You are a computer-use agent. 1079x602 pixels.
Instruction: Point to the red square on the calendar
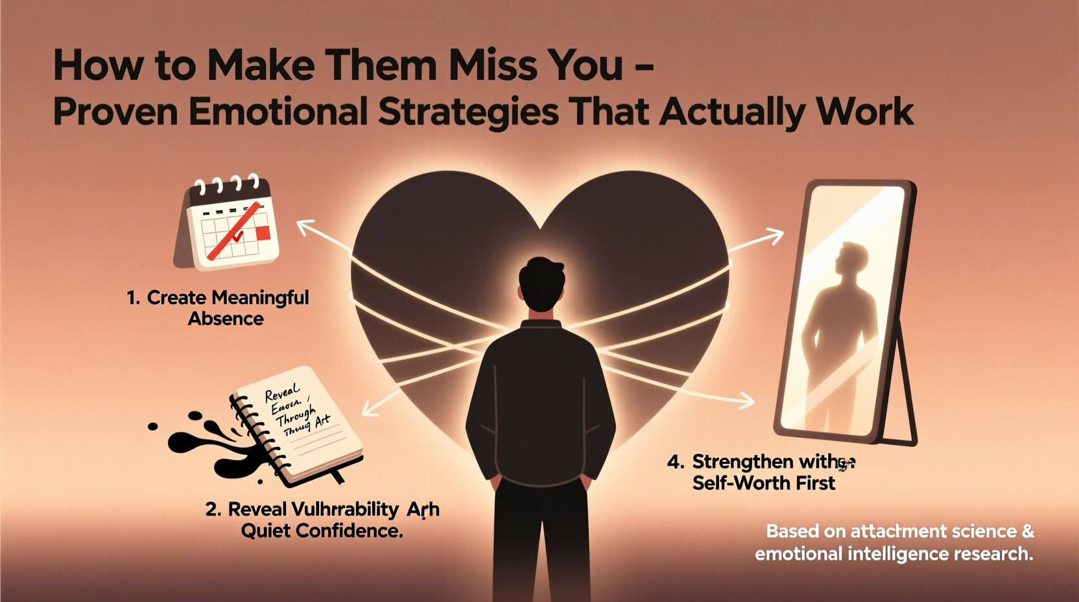tap(263, 233)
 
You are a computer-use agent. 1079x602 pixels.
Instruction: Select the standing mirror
tap(846, 311)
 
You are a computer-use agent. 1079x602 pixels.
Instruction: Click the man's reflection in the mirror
tap(840, 318)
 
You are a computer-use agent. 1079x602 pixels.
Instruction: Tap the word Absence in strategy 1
tap(226, 319)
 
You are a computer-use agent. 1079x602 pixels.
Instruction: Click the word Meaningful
tap(260, 298)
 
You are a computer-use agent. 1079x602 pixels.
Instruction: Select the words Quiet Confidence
tap(322, 531)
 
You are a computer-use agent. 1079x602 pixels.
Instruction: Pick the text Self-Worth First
tap(763, 483)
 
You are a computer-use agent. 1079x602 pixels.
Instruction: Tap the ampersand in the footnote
tap(1027, 531)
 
